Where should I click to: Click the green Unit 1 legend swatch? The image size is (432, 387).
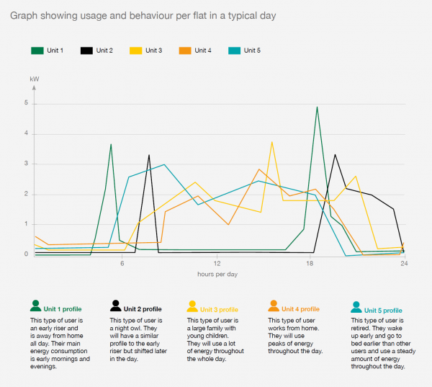click(x=37, y=50)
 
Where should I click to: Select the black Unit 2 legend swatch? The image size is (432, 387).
click(x=86, y=50)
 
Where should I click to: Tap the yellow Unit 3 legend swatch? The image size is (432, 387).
click(x=135, y=50)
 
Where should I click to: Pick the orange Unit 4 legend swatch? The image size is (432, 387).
click(x=185, y=50)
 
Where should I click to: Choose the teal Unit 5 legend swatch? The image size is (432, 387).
click(x=234, y=50)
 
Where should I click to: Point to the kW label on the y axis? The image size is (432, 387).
click(x=33, y=77)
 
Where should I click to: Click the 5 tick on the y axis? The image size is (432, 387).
click(x=25, y=103)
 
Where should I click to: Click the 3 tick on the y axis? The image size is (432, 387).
click(x=25, y=164)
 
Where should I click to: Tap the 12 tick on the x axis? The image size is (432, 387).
click(x=217, y=264)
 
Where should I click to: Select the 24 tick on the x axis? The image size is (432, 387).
click(x=404, y=264)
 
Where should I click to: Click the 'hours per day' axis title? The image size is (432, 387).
click(x=217, y=275)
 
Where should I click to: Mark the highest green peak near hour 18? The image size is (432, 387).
click(x=317, y=107)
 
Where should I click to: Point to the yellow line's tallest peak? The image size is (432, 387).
click(x=271, y=142)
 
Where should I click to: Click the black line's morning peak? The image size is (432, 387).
click(x=149, y=155)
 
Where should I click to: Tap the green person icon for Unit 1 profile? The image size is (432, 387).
click(x=35, y=306)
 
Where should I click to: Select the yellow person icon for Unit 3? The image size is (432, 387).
click(x=192, y=306)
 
